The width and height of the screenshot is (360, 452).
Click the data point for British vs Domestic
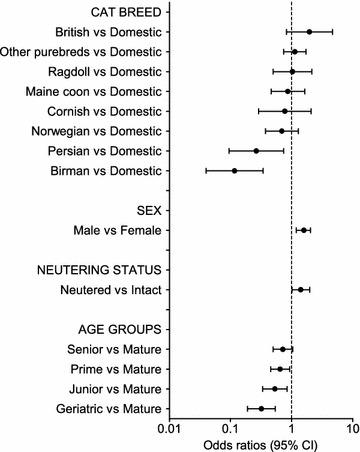[x=309, y=32]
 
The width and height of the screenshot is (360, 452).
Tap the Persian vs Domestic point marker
[x=256, y=150]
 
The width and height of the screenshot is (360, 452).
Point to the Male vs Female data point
[x=304, y=230]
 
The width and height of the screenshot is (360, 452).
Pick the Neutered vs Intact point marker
[x=300, y=290]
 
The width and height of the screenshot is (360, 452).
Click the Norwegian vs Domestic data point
[x=282, y=131]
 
